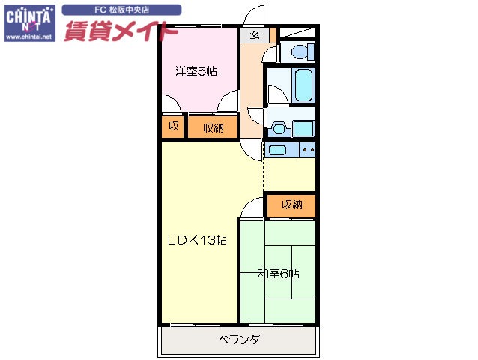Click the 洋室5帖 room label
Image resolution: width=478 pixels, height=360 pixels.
pos(196,71)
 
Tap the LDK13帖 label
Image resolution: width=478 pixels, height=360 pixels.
pos(196,240)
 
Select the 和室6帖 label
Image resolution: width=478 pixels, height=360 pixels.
pos(279,274)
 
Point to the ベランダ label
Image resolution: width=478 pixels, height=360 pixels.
pos(239,340)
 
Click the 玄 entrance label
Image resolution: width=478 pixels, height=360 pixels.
pos(255,34)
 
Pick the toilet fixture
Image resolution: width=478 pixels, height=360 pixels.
pos(300,52)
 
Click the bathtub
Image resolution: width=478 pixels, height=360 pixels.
pos(303,85)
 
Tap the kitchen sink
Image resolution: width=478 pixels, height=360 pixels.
pos(277,151)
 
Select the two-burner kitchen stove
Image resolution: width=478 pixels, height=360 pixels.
pos(308,151)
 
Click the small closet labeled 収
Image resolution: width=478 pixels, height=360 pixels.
pos(173,127)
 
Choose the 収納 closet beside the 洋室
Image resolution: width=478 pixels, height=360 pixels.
pos(213,127)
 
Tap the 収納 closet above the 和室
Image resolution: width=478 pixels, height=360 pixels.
pos(292,205)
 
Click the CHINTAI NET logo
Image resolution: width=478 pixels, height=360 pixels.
pos(28,16)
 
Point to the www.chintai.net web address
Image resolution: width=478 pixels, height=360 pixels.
pos(28,35)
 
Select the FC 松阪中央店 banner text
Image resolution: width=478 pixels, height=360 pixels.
pos(121,10)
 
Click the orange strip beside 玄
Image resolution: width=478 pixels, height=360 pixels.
pos(273,34)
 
